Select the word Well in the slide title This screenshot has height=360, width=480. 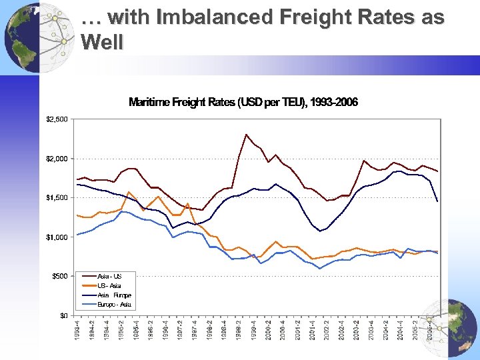(x=101, y=43)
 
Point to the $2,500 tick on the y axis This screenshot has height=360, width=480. (x=56, y=119)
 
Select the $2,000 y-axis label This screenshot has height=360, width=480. (x=56, y=159)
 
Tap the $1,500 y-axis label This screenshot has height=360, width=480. (x=56, y=198)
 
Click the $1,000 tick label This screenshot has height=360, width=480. (x=56, y=237)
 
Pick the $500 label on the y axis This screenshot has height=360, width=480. (x=58, y=276)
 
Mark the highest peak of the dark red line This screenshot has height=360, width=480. (x=247, y=135)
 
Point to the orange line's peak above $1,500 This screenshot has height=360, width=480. (x=129, y=192)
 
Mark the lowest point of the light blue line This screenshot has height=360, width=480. (x=320, y=269)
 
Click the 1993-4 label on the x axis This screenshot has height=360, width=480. (x=79, y=331)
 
